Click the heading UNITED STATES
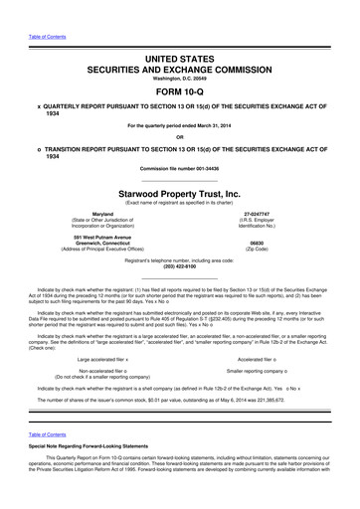(x=180, y=33)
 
